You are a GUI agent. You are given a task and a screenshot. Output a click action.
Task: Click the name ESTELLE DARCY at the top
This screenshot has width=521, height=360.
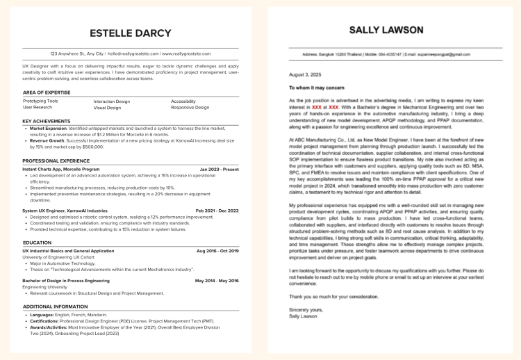tap(131, 33)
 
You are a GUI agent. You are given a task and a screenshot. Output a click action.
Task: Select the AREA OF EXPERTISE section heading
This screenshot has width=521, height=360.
tap(47, 92)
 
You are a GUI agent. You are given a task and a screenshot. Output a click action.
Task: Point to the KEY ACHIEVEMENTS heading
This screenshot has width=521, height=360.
tap(47, 121)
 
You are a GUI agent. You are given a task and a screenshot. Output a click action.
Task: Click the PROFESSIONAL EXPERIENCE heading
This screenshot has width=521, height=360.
tap(57, 161)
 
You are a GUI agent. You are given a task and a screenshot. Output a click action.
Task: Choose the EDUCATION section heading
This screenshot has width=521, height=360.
tap(37, 243)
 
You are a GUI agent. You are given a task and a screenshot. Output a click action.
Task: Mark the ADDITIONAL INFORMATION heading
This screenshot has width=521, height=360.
tap(56, 306)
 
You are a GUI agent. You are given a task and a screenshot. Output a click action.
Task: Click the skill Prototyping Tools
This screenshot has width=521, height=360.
tap(40, 101)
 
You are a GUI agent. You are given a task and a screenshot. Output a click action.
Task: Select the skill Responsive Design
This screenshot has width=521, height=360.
tap(190, 108)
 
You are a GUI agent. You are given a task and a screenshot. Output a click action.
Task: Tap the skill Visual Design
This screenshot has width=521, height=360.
tap(107, 108)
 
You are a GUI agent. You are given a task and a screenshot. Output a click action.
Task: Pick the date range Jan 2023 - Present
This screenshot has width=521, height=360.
tap(219, 169)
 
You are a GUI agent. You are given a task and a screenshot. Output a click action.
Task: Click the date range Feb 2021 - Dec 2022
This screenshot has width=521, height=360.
tap(217, 210)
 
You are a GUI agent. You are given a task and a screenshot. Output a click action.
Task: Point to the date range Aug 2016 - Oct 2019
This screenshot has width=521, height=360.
tap(217, 251)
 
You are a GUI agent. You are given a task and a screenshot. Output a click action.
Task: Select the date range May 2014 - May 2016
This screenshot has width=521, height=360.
tap(217, 280)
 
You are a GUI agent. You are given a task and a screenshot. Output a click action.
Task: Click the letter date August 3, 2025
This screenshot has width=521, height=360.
tap(305, 74)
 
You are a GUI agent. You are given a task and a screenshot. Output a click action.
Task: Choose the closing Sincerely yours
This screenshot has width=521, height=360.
tap(306, 309)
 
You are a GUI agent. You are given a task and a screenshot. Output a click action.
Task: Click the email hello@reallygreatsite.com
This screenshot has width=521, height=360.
tap(133, 54)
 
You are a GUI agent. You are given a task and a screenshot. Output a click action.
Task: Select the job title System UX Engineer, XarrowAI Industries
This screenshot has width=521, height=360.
tap(65, 210)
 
